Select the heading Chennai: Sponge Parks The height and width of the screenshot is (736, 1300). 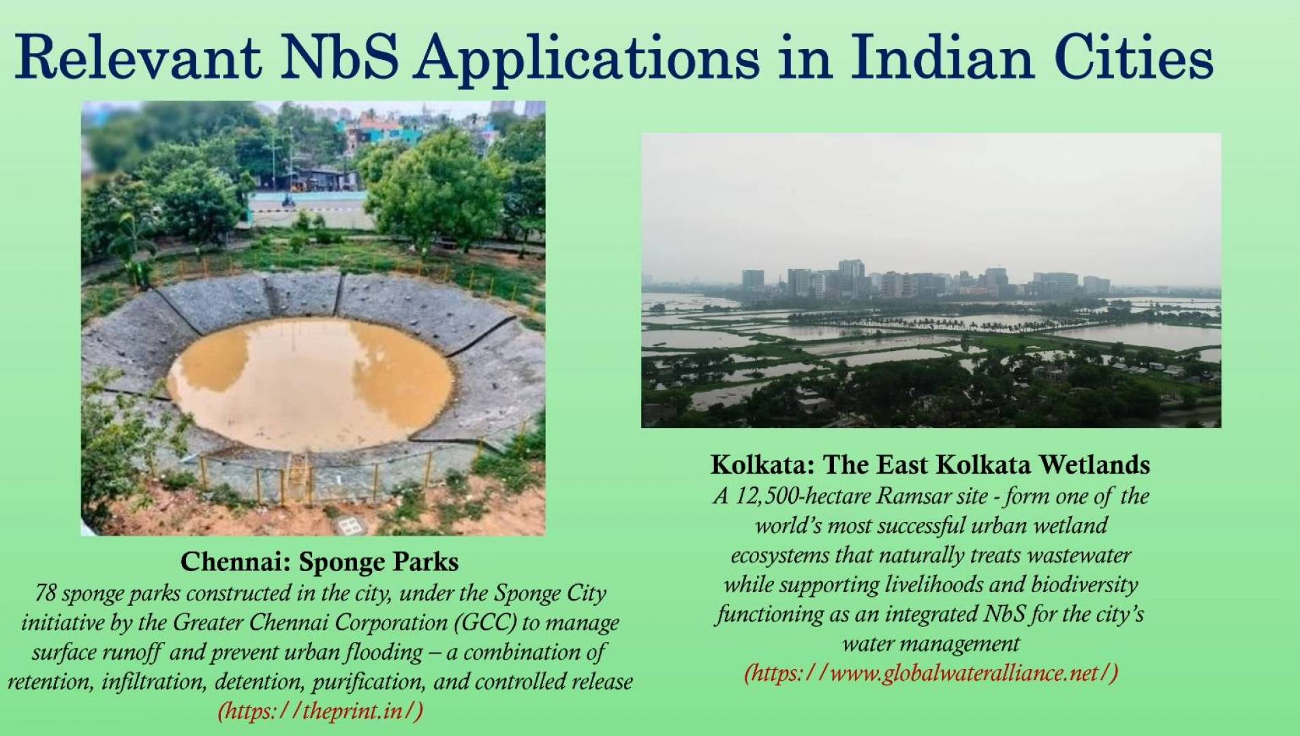click(320, 562)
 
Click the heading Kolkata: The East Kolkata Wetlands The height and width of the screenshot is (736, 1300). click(931, 465)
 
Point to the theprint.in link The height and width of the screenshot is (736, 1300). click(320, 711)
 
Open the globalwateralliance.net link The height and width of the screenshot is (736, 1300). click(931, 673)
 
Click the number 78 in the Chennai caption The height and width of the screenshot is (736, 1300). click(45, 594)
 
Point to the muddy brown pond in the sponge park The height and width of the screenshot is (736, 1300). click(311, 384)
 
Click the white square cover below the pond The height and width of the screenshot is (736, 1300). click(348, 526)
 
